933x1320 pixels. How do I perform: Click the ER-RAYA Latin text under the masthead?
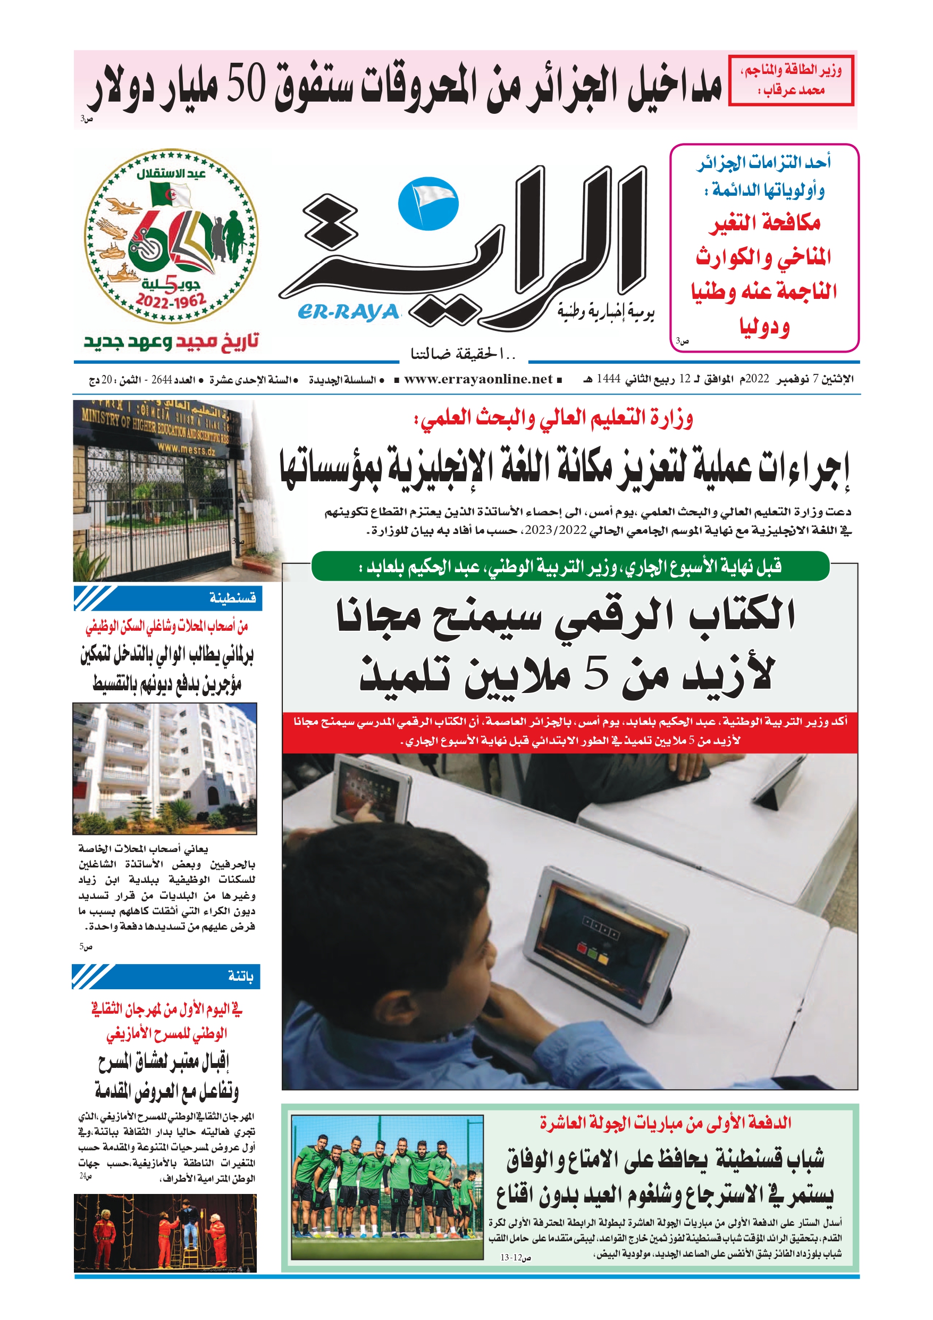(348, 312)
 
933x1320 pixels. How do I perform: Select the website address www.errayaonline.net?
(478, 379)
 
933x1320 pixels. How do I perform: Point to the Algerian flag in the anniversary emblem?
(170, 195)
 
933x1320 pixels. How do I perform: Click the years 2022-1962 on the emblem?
(171, 300)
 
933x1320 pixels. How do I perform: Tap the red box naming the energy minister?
(791, 80)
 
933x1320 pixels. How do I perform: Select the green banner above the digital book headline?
(570, 567)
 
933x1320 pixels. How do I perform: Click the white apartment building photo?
(164, 768)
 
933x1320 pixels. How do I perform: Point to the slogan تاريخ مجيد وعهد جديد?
(171, 341)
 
